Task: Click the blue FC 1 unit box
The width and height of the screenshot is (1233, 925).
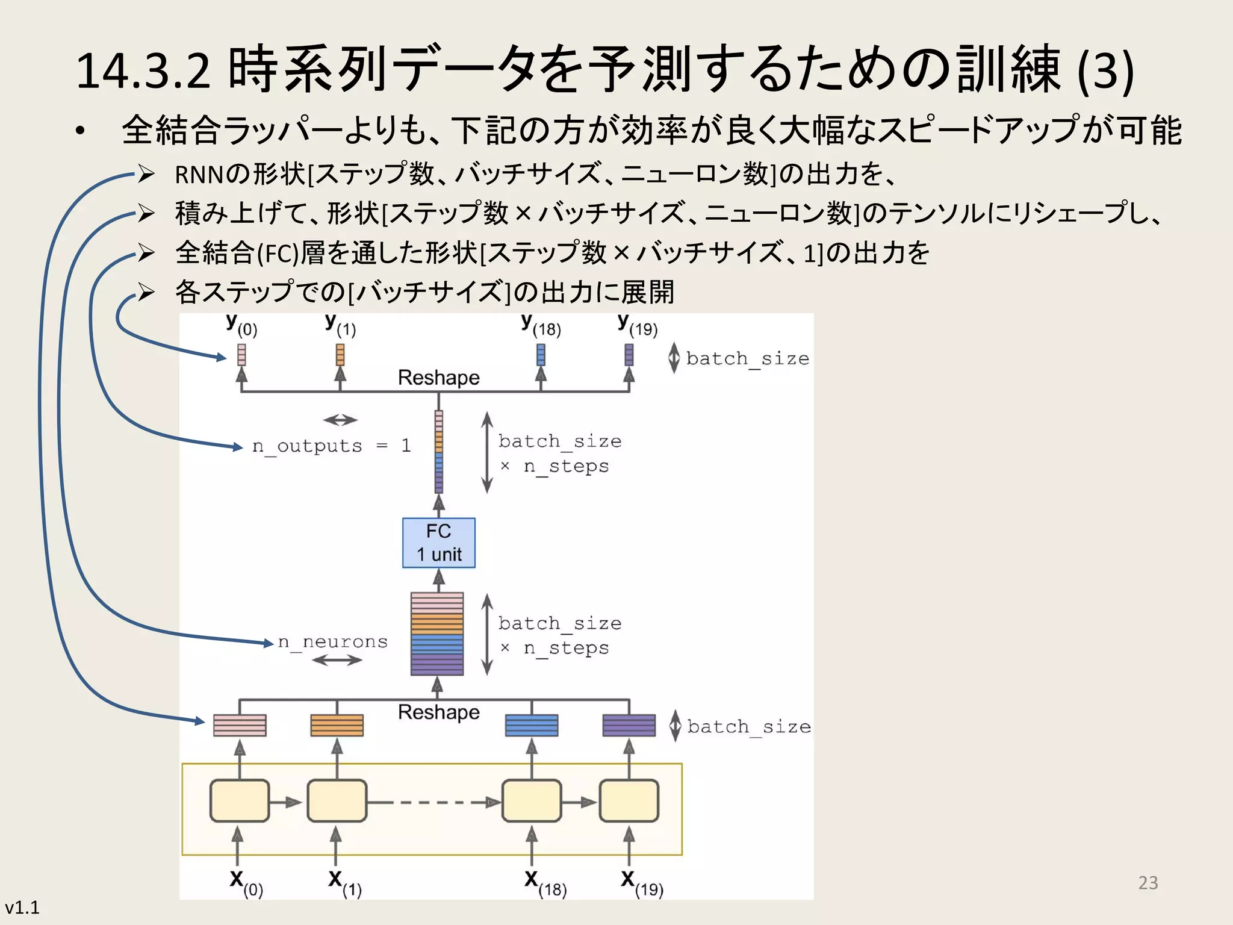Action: (438, 543)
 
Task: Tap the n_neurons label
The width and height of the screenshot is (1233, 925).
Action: (332, 642)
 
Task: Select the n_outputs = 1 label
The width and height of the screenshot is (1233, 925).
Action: (331, 446)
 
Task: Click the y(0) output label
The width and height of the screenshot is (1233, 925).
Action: (241, 325)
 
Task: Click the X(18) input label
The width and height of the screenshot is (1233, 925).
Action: (545, 883)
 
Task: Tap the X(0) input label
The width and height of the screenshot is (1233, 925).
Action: (246, 883)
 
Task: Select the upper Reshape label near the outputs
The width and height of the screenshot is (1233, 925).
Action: (438, 378)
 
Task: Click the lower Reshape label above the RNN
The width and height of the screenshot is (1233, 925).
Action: (438, 712)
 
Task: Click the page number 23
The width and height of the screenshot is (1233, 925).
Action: (1148, 882)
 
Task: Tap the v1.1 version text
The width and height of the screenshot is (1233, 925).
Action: (22, 907)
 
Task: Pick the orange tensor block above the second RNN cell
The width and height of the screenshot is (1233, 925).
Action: (337, 725)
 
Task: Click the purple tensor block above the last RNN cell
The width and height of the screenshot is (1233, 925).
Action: (629, 725)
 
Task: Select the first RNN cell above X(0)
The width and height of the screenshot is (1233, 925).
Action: (240, 801)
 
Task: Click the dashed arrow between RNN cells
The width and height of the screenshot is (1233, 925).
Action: (433, 802)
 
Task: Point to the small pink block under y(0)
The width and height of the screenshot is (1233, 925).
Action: (241, 355)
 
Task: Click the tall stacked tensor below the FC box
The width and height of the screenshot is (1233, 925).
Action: (437, 634)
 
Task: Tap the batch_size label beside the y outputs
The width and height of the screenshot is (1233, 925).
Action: (747, 358)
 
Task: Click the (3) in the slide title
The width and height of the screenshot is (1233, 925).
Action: (1105, 71)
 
